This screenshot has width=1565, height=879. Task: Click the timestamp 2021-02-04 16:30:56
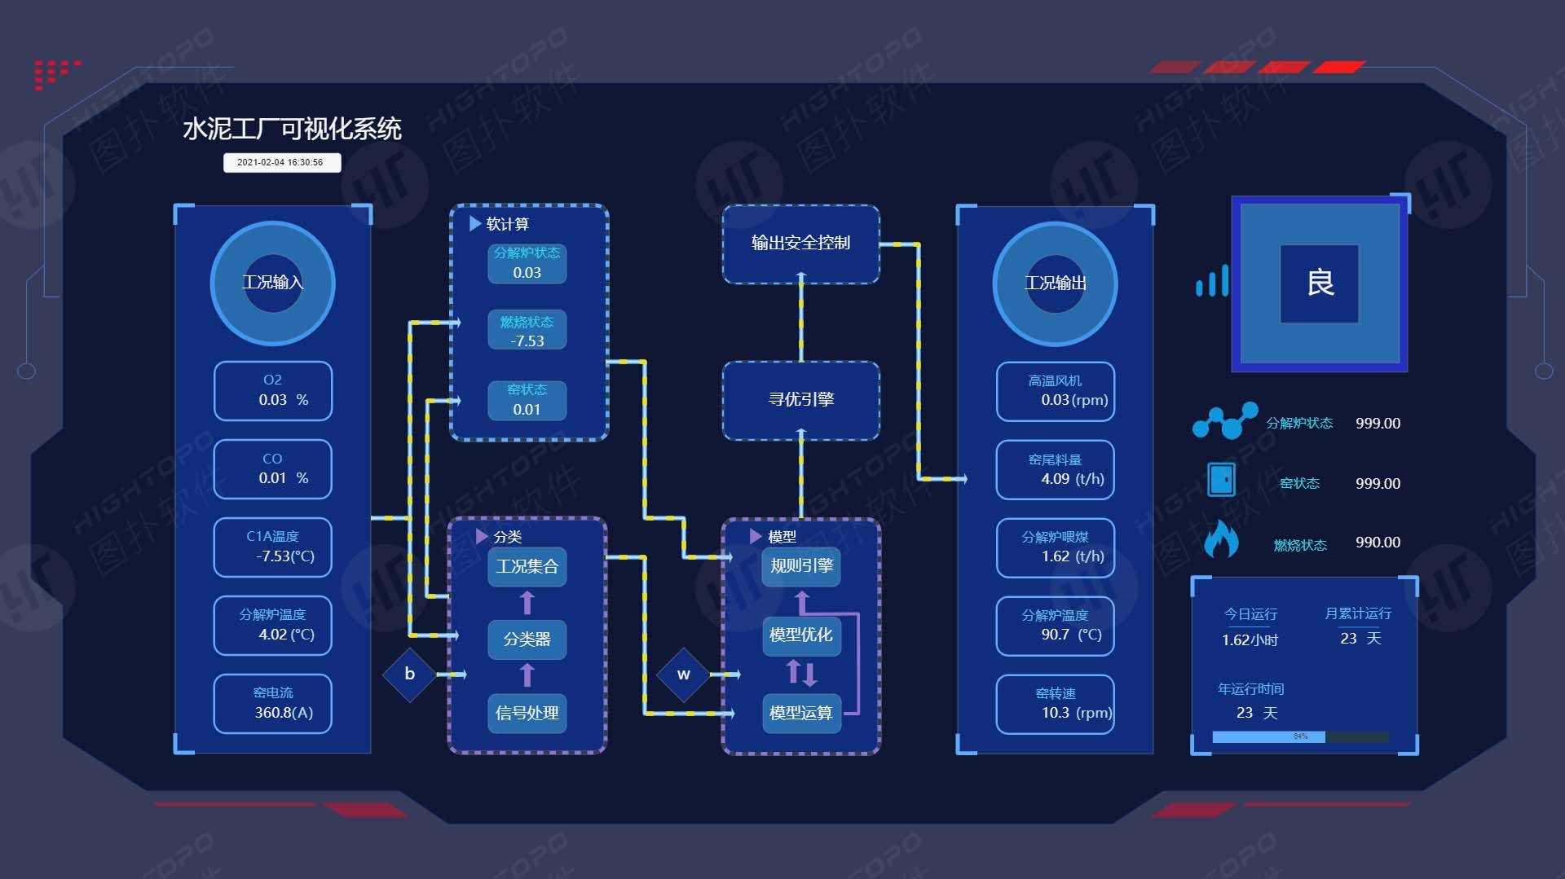pyautogui.click(x=281, y=162)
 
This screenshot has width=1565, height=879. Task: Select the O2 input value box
pyautogui.click(x=273, y=391)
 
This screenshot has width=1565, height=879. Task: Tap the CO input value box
pyautogui.click(x=273, y=469)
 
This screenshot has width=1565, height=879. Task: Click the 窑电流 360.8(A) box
pyautogui.click(x=273, y=704)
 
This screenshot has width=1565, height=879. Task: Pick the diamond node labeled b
pyautogui.click(x=409, y=674)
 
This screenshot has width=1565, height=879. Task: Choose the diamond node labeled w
pyautogui.click(x=683, y=674)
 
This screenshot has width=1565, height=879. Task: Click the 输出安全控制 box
pyautogui.click(x=800, y=244)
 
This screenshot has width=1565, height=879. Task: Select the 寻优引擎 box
pyautogui.click(x=800, y=400)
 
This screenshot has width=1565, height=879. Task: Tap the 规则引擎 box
pyautogui.click(x=801, y=566)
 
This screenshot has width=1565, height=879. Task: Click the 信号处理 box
pyautogui.click(x=527, y=713)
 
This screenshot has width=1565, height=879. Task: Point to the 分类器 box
pyautogui.click(x=527, y=639)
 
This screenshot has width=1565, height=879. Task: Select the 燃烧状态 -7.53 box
pyautogui.click(x=527, y=331)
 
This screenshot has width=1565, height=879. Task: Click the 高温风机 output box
pyautogui.click(x=1056, y=392)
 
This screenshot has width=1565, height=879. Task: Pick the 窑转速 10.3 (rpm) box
pyautogui.click(x=1056, y=705)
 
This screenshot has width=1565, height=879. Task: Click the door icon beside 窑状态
pyautogui.click(x=1221, y=480)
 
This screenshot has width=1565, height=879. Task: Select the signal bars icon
pyautogui.click(x=1212, y=281)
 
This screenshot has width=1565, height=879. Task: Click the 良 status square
pyautogui.click(x=1320, y=283)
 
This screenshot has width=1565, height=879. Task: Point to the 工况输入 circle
pyautogui.click(x=273, y=283)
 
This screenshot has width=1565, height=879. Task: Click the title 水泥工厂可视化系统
pyautogui.click(x=292, y=129)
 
